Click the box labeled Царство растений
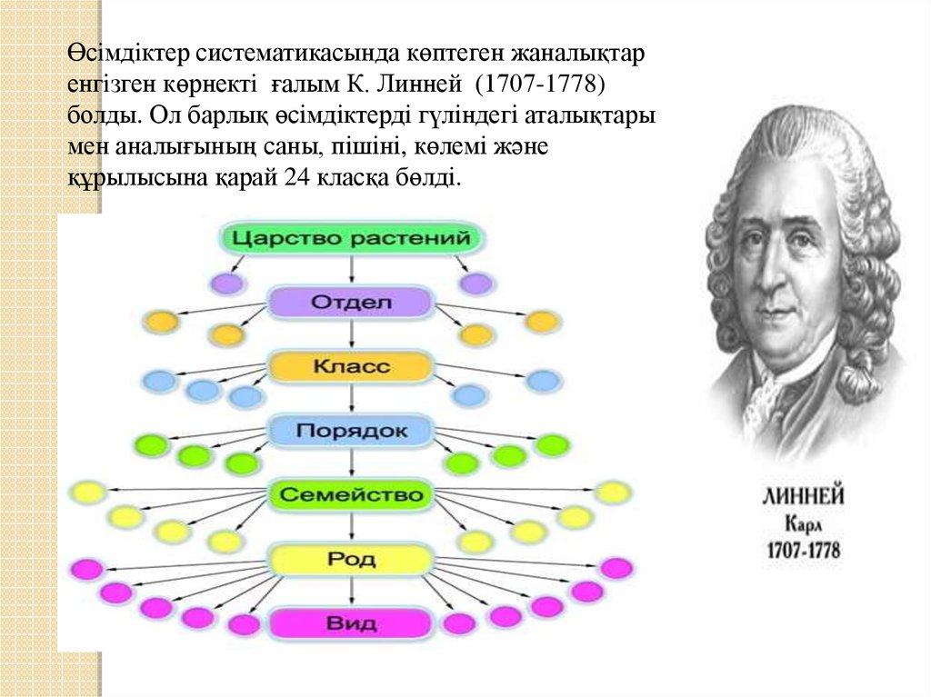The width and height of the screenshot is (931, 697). point(351,239)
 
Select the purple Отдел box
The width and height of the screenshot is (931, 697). point(351,302)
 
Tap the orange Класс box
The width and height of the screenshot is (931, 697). point(351,366)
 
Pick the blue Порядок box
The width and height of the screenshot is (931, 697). point(351,430)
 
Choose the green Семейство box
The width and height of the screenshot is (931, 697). point(351,494)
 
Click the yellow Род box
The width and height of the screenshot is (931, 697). point(351,559)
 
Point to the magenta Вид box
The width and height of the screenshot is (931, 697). point(351,623)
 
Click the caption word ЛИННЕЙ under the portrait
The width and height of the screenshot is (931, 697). point(802,497)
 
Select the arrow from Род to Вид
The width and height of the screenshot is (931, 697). point(352,591)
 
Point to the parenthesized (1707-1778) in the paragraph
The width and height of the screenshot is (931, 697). point(537,86)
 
